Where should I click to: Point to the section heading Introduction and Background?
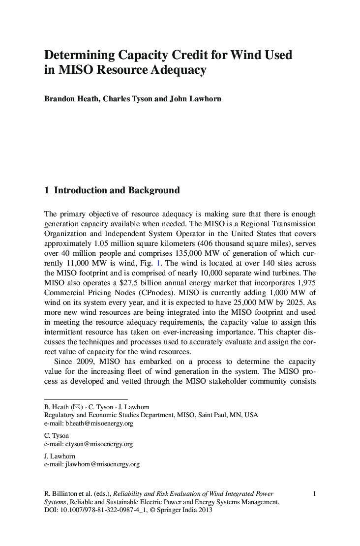tap(117, 190)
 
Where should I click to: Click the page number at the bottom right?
tap(314, 493)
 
